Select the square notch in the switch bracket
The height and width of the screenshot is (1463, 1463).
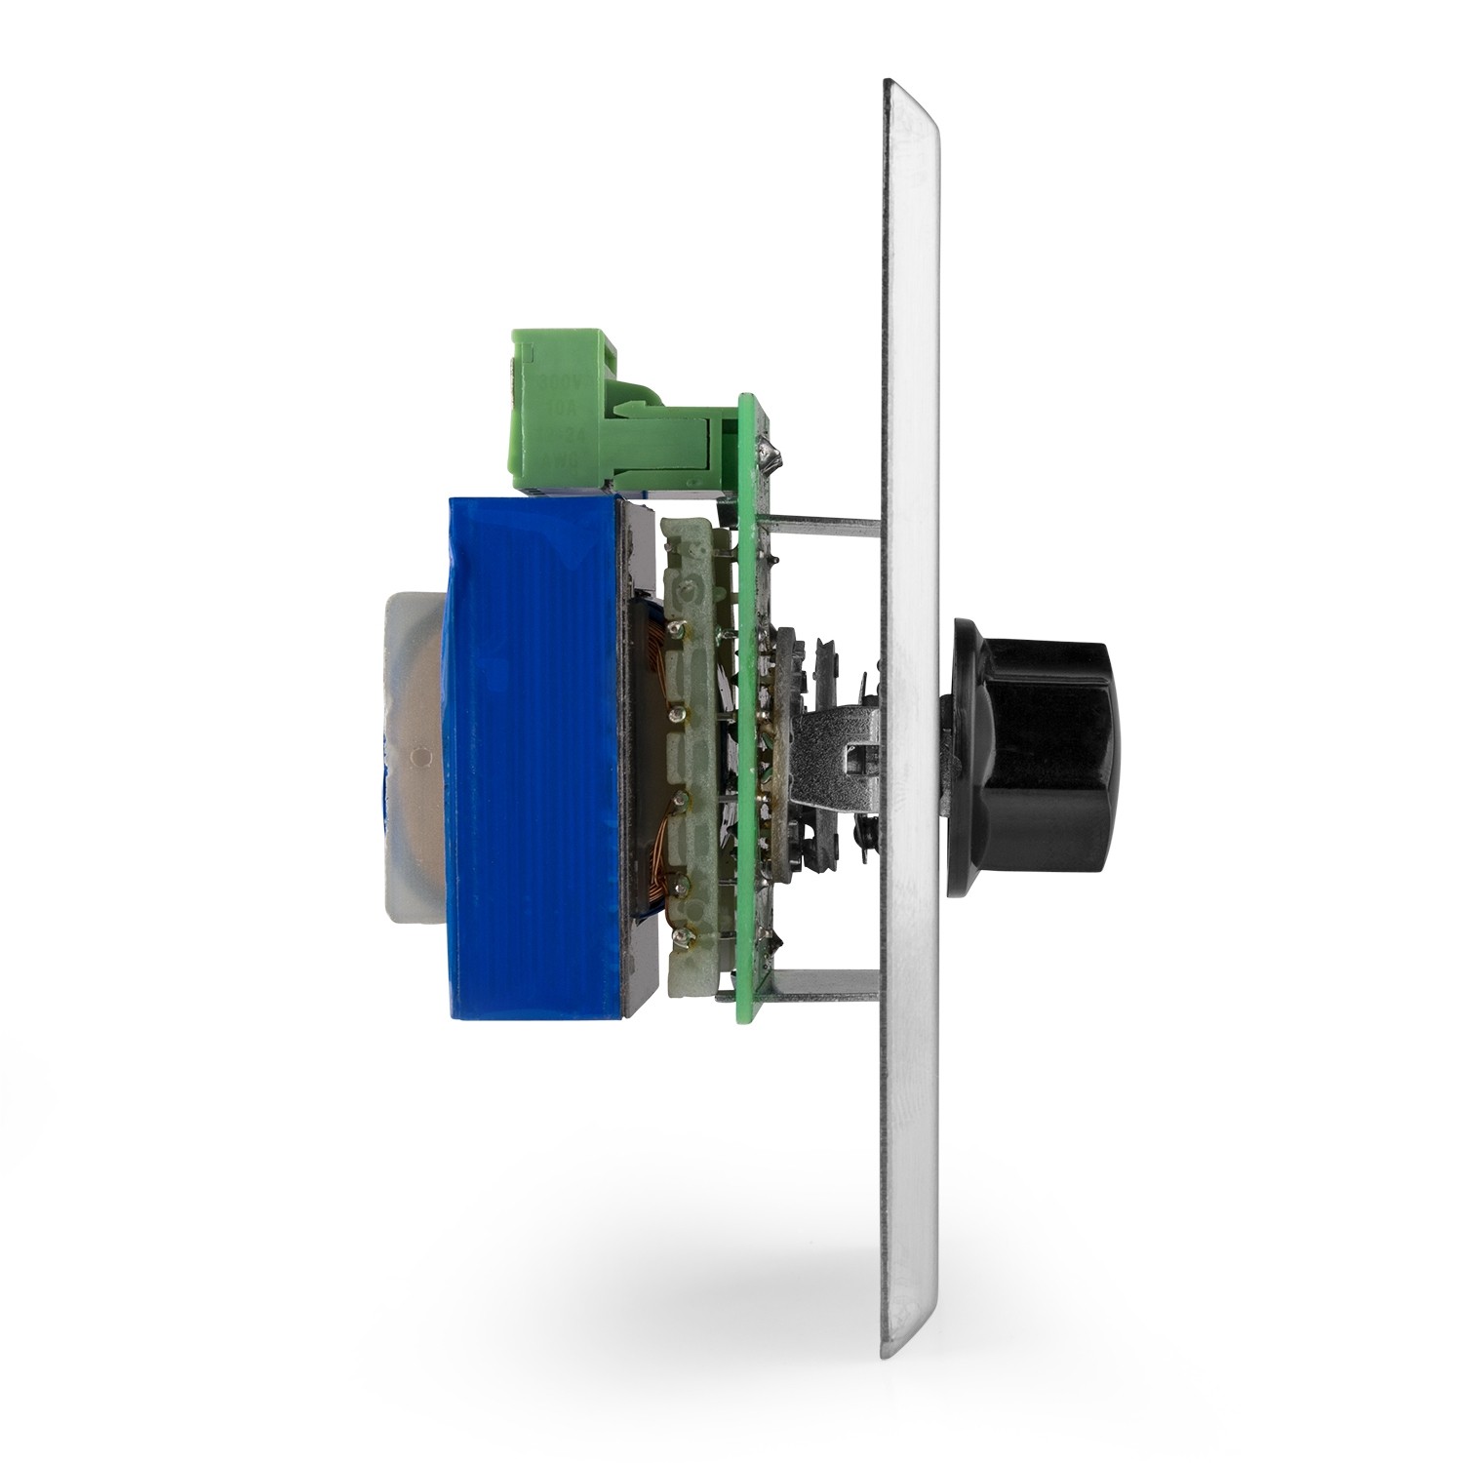(x=858, y=751)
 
